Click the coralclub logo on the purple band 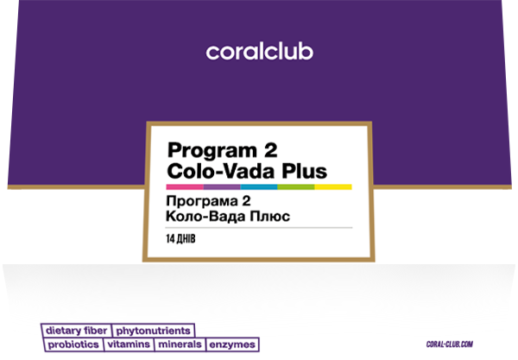tap(259, 52)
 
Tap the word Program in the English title tap(212, 151)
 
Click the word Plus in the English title tap(304, 171)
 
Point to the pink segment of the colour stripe tap(185, 187)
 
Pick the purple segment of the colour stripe tap(222, 187)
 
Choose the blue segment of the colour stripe tap(259, 187)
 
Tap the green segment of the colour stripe tap(296, 187)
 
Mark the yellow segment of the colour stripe tap(333, 187)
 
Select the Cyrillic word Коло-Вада tap(205, 217)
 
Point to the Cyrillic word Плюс tap(270, 217)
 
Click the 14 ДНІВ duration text tap(180, 239)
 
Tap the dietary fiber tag tap(76, 331)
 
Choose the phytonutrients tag tap(154, 331)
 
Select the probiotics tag tap(73, 344)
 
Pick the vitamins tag tap(129, 344)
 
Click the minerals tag tap(180, 344)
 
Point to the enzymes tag tap(232, 344)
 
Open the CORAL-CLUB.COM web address tap(450, 344)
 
